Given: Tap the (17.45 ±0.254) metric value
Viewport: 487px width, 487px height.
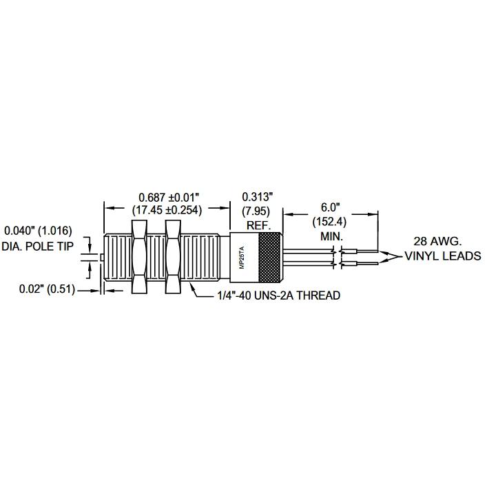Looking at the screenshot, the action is tap(167, 210).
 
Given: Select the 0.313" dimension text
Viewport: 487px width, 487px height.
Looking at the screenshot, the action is tap(257, 197).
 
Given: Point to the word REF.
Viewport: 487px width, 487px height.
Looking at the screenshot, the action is tap(259, 225).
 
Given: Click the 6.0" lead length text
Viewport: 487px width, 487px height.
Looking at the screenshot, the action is tap(331, 207).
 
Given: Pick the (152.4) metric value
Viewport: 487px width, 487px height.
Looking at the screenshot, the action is tap(329, 222).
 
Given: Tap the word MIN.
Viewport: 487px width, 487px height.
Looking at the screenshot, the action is tap(332, 237).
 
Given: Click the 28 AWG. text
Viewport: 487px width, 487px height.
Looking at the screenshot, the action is tap(437, 241).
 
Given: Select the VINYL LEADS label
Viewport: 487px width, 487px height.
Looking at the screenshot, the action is tap(443, 256).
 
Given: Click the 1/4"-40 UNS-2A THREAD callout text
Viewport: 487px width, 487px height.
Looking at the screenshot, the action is tap(278, 296).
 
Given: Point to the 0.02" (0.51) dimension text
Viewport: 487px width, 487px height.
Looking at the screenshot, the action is tap(48, 289).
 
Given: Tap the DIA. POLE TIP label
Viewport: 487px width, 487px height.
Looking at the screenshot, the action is tap(38, 247).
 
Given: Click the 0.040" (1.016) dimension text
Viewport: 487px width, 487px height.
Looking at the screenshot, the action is tap(38, 231).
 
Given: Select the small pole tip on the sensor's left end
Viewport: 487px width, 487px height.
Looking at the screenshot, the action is tap(102, 258).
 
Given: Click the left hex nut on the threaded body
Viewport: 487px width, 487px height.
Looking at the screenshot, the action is tap(139, 257).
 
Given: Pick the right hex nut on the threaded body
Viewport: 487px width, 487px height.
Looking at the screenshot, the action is tap(173, 257).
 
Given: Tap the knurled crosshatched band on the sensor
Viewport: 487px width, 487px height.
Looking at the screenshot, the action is tap(271, 258).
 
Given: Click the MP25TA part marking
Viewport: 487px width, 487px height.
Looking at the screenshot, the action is tap(243, 258).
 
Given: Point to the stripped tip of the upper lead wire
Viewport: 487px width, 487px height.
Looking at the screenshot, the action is tap(367, 251).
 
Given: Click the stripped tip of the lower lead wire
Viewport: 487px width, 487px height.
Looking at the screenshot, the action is tap(367, 264).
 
